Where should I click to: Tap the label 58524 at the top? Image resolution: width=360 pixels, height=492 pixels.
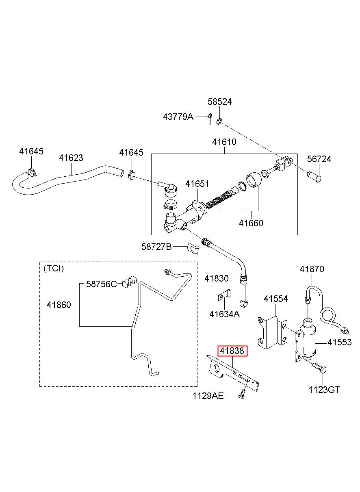click(219, 102)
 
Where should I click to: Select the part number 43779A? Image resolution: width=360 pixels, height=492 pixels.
click(178, 117)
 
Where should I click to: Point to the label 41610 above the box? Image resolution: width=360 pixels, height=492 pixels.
click(224, 142)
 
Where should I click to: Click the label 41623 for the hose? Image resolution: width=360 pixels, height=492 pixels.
click(71, 158)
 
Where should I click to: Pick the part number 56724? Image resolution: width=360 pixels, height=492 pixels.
click(319, 159)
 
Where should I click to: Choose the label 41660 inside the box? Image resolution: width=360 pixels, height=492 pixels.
click(251, 223)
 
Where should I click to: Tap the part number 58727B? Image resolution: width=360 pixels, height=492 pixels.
click(156, 247)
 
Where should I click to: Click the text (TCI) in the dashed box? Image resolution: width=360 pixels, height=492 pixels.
click(54, 269)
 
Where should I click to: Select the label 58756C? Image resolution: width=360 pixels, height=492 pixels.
click(101, 284)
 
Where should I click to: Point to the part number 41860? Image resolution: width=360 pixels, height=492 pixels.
click(59, 305)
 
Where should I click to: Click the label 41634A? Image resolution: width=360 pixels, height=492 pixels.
click(224, 314)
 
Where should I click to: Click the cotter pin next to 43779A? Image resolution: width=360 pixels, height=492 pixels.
click(209, 119)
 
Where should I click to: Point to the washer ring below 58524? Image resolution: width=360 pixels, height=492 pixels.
click(219, 121)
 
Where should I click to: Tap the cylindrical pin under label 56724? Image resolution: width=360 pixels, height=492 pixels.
click(314, 178)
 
